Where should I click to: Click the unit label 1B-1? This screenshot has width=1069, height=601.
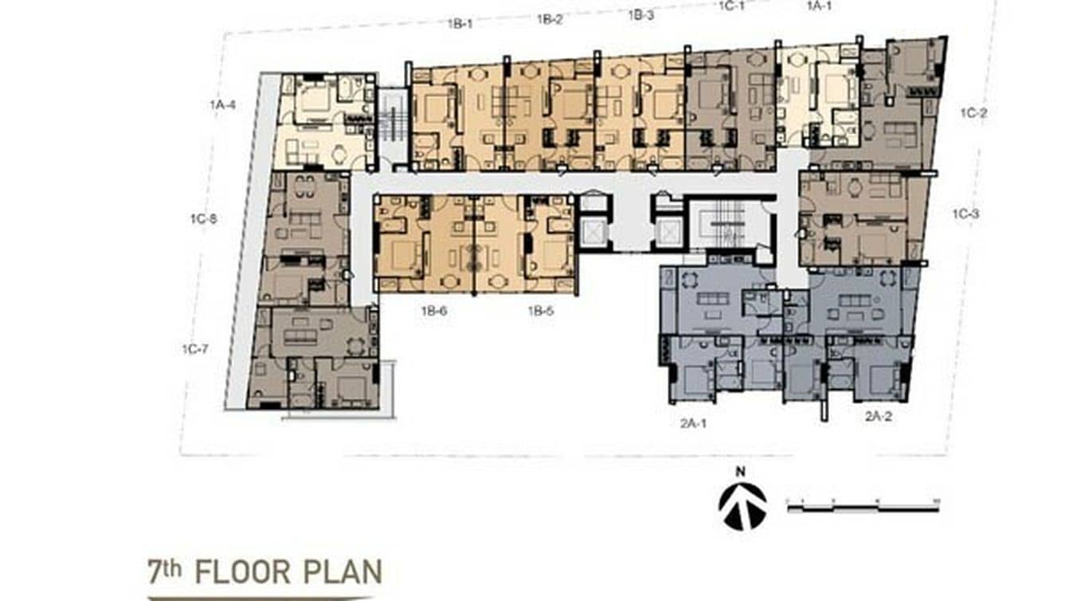[460, 24]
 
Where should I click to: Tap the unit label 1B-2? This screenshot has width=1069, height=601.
[550, 19]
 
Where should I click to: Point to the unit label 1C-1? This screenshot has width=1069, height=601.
[731, 6]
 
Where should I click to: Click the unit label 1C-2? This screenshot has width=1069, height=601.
[973, 113]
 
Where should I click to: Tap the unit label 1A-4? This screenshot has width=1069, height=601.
[223, 104]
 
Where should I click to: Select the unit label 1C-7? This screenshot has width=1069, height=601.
[195, 348]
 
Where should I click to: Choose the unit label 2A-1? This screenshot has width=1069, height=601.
[694, 423]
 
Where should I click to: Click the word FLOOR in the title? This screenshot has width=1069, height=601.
[249, 572]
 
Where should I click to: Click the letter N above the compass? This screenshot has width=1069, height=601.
[741, 472]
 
